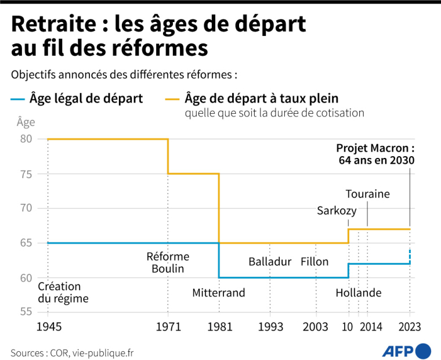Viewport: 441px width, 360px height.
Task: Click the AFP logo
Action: [x=406, y=351]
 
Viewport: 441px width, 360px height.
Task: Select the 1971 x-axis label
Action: [x=168, y=327]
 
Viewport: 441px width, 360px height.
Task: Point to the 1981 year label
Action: [x=219, y=327]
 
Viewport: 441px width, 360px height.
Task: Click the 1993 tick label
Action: [x=270, y=327]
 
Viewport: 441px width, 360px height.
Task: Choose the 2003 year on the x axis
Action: [x=315, y=327]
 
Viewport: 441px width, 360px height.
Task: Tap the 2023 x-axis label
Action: [x=409, y=327]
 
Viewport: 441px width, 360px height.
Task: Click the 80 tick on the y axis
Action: [x=25, y=139]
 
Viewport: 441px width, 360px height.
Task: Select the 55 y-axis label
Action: [x=25, y=312]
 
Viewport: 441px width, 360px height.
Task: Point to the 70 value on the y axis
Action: [x=25, y=208]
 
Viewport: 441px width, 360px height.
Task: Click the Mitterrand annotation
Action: [x=219, y=293]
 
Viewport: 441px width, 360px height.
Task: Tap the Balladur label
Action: [x=270, y=261]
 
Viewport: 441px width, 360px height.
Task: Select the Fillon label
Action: [x=315, y=261]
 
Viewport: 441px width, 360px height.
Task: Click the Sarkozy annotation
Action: [x=337, y=210]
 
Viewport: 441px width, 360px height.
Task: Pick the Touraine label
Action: [x=367, y=194]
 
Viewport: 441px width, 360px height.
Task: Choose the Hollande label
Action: [x=359, y=293]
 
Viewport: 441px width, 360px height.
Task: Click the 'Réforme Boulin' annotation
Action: [x=168, y=262]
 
